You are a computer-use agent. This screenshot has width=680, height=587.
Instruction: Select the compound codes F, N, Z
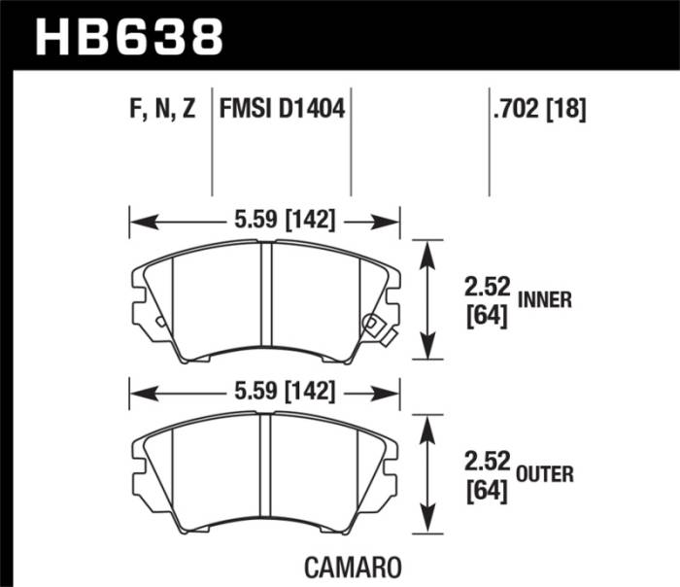[161, 109]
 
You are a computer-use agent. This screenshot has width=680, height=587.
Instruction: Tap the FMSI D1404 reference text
[283, 109]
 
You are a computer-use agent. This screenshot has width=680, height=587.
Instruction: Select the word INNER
[545, 301]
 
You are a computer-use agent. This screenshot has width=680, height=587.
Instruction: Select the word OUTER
[545, 474]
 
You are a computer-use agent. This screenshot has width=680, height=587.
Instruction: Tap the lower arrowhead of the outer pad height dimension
[425, 523]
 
